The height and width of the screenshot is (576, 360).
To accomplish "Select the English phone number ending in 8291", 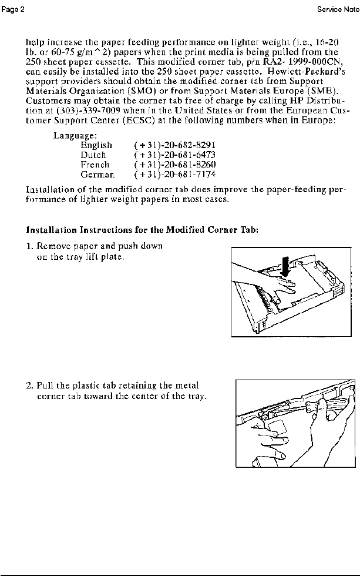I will click(166, 145).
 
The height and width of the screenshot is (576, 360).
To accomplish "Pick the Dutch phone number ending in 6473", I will click(166, 155).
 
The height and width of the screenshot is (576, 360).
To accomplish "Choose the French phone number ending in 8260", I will click(166, 165).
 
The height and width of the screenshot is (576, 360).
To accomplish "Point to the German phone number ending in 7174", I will click(166, 175).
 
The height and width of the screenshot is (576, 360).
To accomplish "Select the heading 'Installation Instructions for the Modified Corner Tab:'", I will click(143, 230).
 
